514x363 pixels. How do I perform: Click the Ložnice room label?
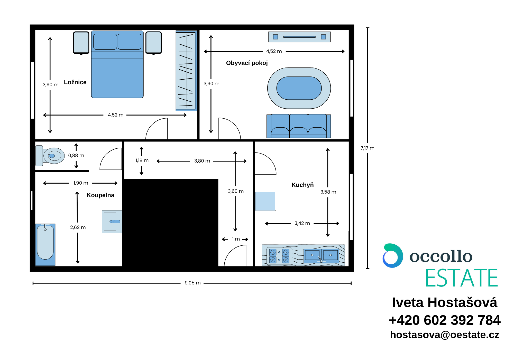(x=75, y=82)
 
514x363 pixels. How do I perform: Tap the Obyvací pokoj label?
(x=247, y=63)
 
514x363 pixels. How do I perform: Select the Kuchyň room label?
(x=302, y=185)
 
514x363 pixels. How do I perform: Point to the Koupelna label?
(x=100, y=195)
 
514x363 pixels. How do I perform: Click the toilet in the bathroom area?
(x=50, y=156)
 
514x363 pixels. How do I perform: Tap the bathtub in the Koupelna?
(x=45, y=244)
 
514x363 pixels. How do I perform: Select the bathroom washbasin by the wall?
(x=112, y=222)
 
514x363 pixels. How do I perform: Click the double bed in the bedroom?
(x=117, y=64)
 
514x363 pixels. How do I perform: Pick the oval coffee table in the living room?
(x=299, y=88)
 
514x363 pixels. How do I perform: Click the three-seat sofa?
(x=299, y=126)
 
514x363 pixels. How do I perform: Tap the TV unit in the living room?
(x=299, y=37)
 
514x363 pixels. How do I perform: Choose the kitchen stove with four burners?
(x=279, y=256)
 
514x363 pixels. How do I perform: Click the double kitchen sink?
(x=321, y=256)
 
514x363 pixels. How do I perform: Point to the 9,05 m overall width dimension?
(x=192, y=283)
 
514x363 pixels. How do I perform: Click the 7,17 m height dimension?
(x=367, y=148)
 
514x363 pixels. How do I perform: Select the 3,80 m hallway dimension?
(x=202, y=161)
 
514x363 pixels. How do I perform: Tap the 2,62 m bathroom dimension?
(x=78, y=227)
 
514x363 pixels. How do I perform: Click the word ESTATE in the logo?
(x=462, y=278)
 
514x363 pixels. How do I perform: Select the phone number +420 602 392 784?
(x=445, y=320)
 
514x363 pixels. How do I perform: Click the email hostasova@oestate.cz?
(x=445, y=335)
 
